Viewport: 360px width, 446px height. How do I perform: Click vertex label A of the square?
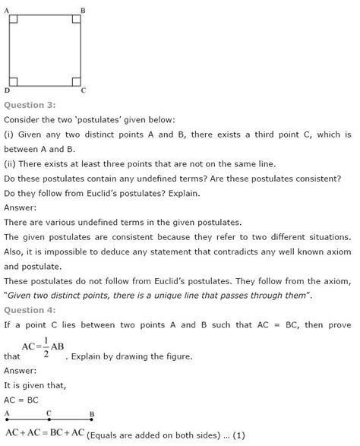[x=7, y=10]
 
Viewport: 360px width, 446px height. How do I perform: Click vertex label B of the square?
[x=82, y=10]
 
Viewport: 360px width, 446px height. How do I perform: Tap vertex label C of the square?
[x=83, y=90]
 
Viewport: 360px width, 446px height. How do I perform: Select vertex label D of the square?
[x=7, y=90]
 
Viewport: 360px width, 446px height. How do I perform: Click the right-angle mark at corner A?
[x=13, y=19]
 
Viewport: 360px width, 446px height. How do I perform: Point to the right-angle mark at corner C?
[x=76, y=81]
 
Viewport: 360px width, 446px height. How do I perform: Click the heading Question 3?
[x=30, y=104]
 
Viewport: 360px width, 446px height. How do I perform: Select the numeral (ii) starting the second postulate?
[x=11, y=163]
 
